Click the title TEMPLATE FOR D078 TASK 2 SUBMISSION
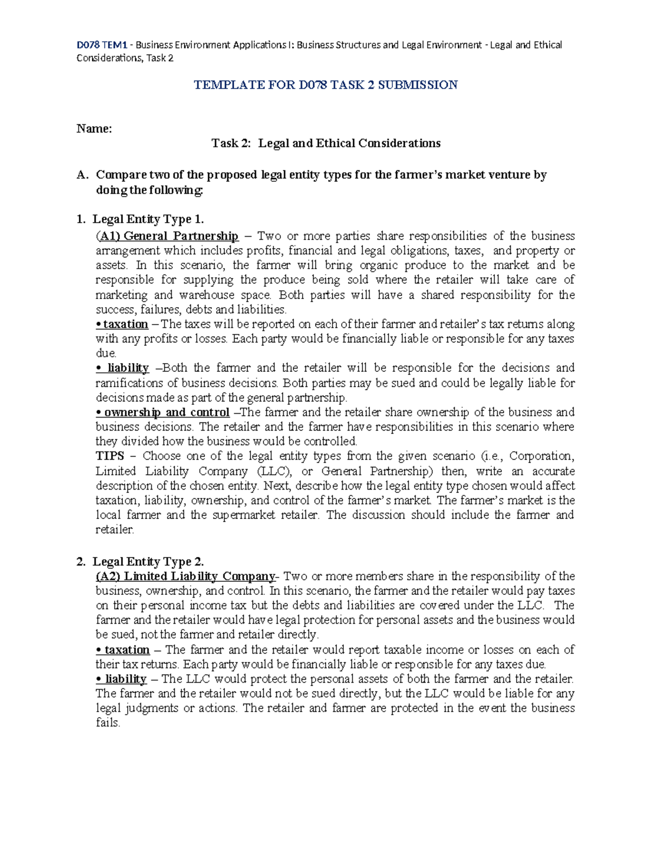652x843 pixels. click(325, 85)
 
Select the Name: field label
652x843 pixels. click(94, 129)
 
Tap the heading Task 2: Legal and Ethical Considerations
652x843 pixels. click(325, 143)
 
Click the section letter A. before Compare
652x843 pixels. click(82, 175)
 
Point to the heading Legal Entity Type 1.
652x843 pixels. click(148, 219)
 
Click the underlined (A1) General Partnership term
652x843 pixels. click(167, 236)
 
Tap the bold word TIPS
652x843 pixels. click(110, 456)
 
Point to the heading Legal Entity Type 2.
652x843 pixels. click(148, 561)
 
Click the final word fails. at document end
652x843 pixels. click(108, 723)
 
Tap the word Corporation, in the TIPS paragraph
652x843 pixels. click(541, 456)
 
